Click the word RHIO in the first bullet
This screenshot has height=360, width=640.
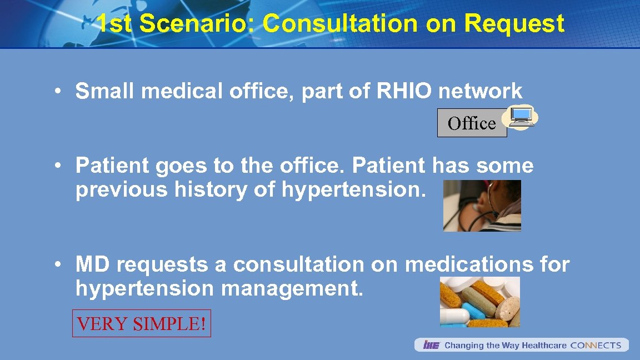(404, 91)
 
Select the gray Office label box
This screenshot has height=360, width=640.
(472, 123)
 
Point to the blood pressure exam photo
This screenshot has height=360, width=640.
(482, 206)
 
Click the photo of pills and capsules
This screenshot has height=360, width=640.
(479, 302)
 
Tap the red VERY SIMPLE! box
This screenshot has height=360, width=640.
(142, 323)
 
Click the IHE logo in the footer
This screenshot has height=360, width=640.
(431, 346)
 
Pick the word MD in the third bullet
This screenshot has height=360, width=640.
(93, 265)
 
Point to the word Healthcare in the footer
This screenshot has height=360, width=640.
(544, 346)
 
